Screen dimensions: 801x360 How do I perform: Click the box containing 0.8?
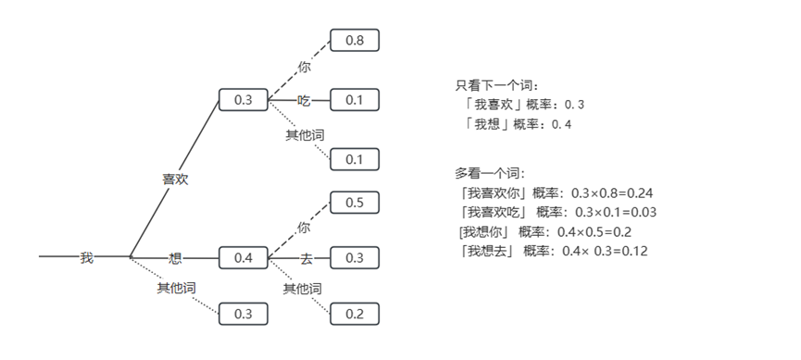click(355, 41)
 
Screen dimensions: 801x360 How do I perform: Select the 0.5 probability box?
click(355, 203)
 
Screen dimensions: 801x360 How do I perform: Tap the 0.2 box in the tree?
click(355, 314)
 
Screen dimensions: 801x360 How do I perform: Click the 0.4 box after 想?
click(244, 258)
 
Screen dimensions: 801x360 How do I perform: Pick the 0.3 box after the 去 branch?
click(355, 258)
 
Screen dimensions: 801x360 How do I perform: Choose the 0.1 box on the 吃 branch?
click(355, 100)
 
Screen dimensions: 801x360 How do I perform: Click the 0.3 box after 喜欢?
click(244, 100)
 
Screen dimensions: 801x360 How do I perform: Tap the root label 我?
click(87, 258)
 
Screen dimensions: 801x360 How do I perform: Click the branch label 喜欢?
click(175, 180)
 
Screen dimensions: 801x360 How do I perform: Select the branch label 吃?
click(304, 101)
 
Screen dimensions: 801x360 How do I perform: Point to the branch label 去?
click(306, 259)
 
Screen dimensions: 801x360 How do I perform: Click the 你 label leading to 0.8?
click(304, 67)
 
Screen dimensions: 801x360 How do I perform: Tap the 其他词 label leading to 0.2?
click(303, 289)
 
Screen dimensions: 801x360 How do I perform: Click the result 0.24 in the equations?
click(640, 193)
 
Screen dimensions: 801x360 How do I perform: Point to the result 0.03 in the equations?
click(644, 213)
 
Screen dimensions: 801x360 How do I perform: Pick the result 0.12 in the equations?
click(634, 251)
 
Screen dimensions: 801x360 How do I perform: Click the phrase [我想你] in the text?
click(483, 232)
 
